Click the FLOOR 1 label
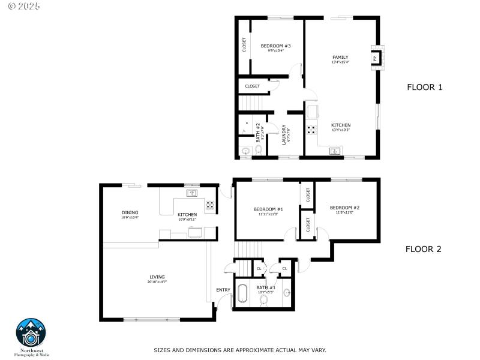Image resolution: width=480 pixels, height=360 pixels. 424,87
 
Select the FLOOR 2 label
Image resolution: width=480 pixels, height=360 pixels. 423,249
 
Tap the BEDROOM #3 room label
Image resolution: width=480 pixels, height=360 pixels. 275,46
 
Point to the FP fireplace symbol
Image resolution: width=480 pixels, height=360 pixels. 376,58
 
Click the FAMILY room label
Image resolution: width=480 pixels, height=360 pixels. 340,58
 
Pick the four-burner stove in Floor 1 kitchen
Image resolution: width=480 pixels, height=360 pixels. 312,128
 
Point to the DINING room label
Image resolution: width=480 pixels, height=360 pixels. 130,212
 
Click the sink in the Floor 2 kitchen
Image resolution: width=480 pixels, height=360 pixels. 192,193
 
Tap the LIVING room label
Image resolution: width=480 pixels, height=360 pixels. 157,277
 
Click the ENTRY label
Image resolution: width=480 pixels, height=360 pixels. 223,290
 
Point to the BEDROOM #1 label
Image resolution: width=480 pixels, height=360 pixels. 268,209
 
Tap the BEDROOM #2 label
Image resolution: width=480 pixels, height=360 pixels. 344,208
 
